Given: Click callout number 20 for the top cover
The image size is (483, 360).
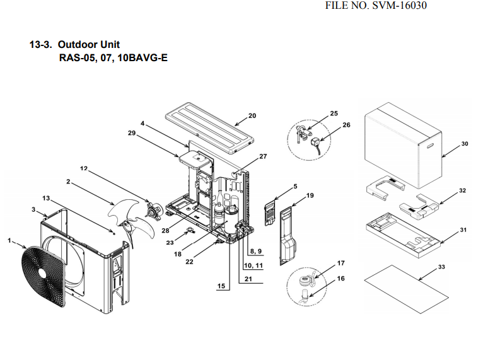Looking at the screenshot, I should tap(252, 115).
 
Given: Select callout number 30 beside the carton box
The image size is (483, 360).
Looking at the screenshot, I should tap(465, 144).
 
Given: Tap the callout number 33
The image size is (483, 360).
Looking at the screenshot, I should tap(441, 267).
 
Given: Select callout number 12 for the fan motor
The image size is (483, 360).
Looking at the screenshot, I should tap(84, 168).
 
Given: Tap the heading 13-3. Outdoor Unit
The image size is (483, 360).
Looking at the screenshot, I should tap(74, 45).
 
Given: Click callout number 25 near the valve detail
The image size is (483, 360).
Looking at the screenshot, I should tap(334, 113).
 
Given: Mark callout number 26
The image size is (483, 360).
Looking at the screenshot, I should tap(346, 125).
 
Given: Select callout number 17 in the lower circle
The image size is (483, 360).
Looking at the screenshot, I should tap(340, 262).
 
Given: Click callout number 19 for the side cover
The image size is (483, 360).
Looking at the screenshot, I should tap(310, 196).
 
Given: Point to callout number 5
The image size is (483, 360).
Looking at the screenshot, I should tap(295, 187).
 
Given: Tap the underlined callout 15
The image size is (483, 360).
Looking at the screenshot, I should tap(221, 286).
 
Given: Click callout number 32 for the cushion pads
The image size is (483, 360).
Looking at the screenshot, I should tap(462, 190).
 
